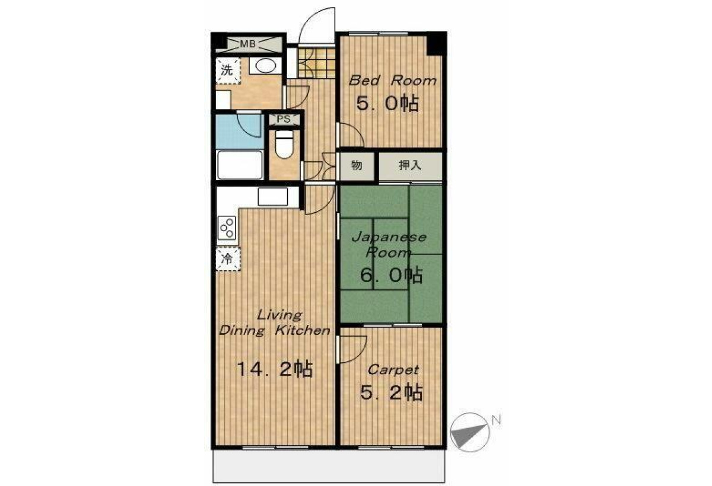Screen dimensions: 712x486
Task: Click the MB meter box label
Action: coord(247,44)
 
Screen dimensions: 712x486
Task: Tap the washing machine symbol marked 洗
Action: coord(228,71)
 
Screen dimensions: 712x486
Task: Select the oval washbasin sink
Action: coord(265,66)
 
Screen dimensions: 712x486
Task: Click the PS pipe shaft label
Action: coord(284,119)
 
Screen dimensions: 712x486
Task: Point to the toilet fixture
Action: coord(284,144)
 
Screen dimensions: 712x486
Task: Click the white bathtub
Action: coord(240,165)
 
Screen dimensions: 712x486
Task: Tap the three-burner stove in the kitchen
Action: coord(227,228)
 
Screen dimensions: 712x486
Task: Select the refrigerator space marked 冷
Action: coord(228,259)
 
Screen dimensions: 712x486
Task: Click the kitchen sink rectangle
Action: coord(273,197)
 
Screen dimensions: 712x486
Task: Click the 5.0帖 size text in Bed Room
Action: coord(387,103)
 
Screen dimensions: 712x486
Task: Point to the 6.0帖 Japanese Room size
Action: coord(391,275)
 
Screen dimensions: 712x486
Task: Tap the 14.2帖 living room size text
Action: coord(275,369)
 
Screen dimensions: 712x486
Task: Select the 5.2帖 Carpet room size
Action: coord(391,392)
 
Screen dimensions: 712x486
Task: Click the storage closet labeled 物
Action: coord(357,166)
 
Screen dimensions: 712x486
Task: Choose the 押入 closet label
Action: coord(410,165)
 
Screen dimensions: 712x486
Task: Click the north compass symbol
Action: coord(470,432)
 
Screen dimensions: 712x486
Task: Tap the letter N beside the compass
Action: coord(496,420)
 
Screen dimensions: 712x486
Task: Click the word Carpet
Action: coord(393,370)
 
